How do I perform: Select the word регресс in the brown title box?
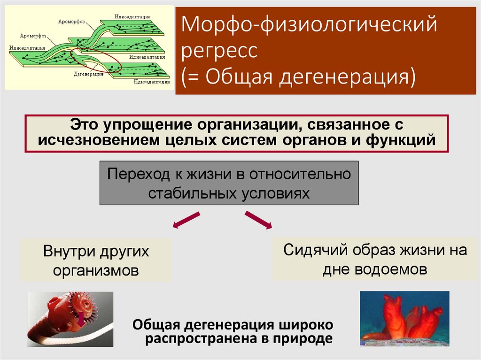coord(220,51)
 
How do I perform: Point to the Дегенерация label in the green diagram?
coord(88,74)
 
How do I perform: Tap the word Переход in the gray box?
coord(140,174)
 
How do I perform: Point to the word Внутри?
coord(70,251)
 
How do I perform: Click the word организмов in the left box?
coord(96,270)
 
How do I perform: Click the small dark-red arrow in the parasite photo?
coord(81,319)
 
